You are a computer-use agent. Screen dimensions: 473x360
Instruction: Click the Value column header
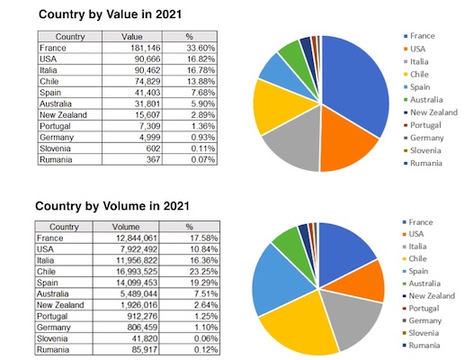click(x=132, y=37)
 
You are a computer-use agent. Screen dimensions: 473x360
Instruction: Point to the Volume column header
click(x=126, y=227)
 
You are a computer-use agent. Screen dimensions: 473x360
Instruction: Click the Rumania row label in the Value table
click(x=56, y=159)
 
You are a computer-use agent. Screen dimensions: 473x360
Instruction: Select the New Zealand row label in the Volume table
click(x=60, y=305)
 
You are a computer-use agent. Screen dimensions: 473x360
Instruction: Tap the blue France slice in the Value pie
click(x=353, y=82)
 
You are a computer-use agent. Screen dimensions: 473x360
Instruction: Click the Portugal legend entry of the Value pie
click(x=423, y=125)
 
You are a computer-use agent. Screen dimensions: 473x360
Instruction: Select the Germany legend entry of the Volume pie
click(x=422, y=320)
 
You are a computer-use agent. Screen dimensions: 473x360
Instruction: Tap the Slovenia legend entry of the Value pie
click(x=423, y=150)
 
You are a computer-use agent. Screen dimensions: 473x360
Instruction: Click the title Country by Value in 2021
click(x=110, y=14)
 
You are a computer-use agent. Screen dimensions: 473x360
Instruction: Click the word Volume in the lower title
click(x=124, y=206)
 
